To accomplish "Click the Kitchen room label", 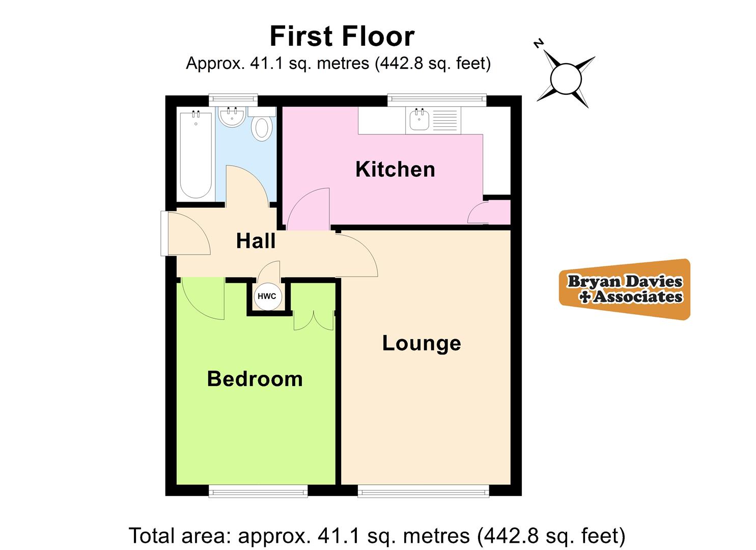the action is click(395, 169).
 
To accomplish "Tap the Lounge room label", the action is click(422, 343).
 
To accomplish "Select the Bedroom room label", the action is click(255, 379).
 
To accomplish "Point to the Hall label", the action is click(256, 241).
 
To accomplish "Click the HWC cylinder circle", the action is click(267, 296).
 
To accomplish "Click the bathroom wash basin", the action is click(232, 117).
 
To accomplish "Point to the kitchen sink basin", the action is click(419, 121).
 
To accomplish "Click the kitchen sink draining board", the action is click(444, 121).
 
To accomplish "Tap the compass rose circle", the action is click(566, 79).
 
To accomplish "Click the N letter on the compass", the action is click(539, 44).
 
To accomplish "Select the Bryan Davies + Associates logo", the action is click(625, 289).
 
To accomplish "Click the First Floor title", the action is click(342, 36).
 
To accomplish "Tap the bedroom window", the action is click(258, 491).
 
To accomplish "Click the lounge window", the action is click(424, 491).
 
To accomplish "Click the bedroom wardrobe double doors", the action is click(314, 320).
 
